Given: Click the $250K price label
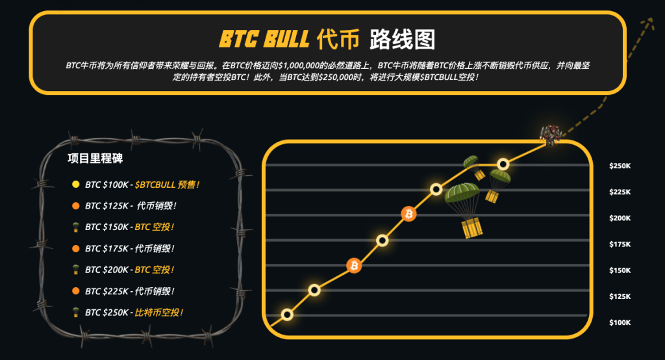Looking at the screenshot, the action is point(620,166).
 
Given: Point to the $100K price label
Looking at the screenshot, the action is point(620,323).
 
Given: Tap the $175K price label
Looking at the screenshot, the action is point(620,244).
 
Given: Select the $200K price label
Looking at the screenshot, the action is point(620,218).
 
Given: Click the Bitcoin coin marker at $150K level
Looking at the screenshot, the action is point(354,266).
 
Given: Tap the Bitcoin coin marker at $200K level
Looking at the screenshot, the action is point(409,214).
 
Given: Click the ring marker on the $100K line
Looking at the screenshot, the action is point(287,315).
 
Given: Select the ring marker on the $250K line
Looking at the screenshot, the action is point(503,164).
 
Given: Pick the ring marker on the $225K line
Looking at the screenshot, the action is point(436,189).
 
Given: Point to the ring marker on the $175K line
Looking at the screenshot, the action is point(382,240).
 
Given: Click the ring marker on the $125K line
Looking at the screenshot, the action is point(314,290).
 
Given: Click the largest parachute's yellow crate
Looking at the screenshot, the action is point(471,228).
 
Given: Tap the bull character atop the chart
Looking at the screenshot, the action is point(551,135).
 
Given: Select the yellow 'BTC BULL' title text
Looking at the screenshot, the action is point(264,39).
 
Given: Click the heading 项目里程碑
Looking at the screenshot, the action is point(95,159).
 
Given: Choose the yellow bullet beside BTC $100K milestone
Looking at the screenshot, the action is point(76,185).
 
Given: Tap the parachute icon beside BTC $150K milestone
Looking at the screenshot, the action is point(76,227).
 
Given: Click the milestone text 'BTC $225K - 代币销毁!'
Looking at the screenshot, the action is point(130,291).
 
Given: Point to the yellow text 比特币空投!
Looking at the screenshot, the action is point(159,313).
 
